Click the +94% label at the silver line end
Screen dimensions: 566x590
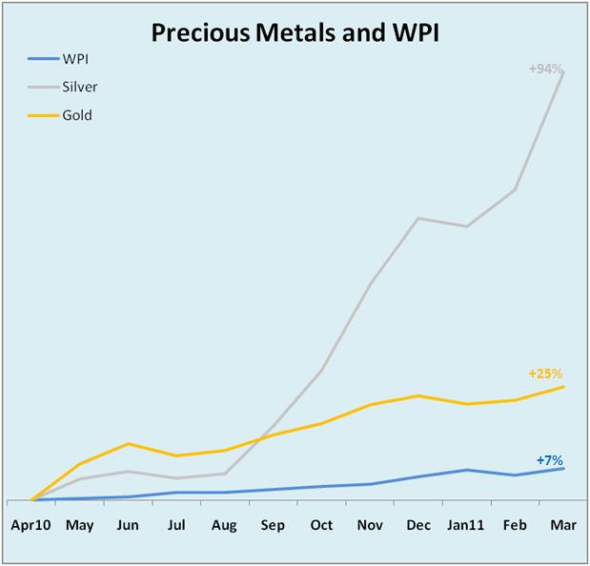pos(546,69)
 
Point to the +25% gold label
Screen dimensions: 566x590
pos(545,374)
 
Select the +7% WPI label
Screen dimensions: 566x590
pos(550,460)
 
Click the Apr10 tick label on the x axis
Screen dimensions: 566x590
pos(31,525)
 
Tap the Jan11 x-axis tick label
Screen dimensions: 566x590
pos(466,525)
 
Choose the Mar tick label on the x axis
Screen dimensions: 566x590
pos(564,525)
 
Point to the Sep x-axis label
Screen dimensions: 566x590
pos(273,525)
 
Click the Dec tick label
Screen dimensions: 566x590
pos(417,525)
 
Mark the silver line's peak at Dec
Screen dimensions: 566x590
pos(417,218)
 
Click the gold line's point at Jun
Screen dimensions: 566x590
pos(129,443)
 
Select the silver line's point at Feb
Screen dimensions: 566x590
pos(516,190)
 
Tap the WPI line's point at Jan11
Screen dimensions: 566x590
pos(466,470)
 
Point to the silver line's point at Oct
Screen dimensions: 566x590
pos(322,370)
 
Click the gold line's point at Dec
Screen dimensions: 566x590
pos(417,395)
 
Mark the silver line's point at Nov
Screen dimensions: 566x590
pos(370,283)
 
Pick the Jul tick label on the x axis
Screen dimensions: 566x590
pos(176,525)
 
